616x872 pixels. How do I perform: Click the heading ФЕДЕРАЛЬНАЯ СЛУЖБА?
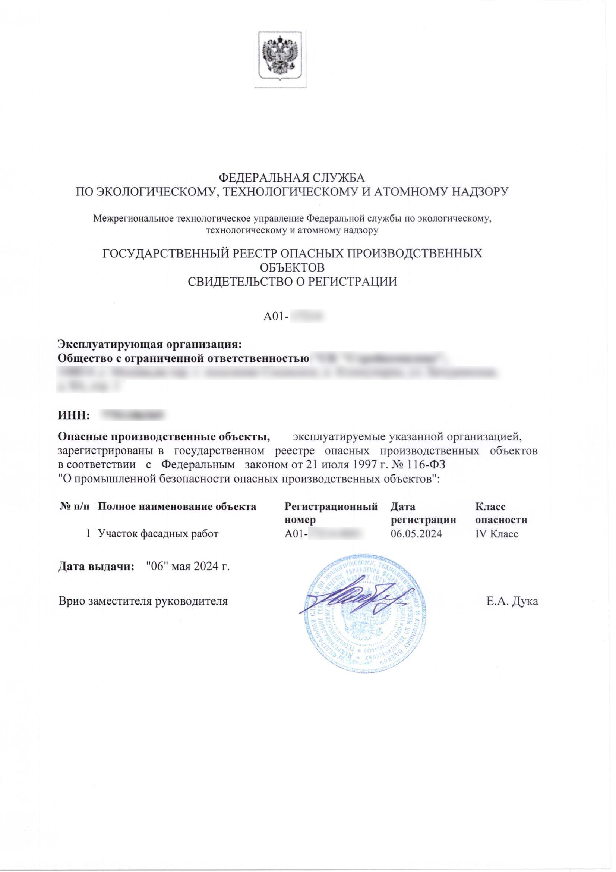click(x=292, y=178)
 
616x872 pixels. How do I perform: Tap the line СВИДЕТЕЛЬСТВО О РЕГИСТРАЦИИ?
click(x=292, y=282)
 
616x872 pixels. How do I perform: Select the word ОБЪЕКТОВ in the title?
click(x=292, y=267)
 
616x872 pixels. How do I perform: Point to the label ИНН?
click(x=73, y=415)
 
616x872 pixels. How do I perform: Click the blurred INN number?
click(x=132, y=415)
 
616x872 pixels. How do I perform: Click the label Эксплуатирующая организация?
click(x=149, y=345)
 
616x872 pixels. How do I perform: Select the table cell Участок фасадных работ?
click(x=158, y=534)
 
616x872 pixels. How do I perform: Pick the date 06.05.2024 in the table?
click(x=416, y=534)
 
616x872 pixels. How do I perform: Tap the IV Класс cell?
click(x=496, y=534)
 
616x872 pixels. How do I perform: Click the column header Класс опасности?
click(x=500, y=513)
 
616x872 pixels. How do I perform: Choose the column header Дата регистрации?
click(x=423, y=513)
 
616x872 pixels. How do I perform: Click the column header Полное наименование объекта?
click(x=177, y=506)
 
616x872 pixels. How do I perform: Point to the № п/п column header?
click(x=75, y=506)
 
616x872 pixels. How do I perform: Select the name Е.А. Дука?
click(x=512, y=601)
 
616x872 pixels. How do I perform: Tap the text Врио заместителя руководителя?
click(x=143, y=601)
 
